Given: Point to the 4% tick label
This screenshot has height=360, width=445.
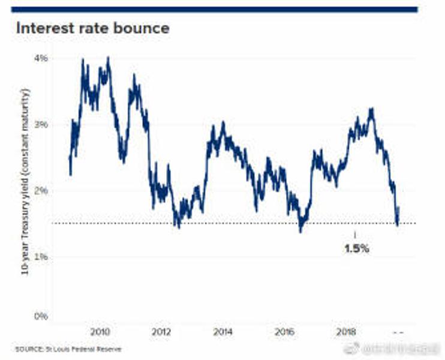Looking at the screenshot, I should [x=40, y=59].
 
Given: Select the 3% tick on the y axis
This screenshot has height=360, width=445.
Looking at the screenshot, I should [x=40, y=125].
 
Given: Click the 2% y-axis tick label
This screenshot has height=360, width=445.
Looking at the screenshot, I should [x=40, y=191].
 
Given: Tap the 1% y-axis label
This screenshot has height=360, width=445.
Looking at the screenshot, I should [x=40, y=257].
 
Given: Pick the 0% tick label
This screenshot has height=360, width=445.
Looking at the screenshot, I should [x=40, y=316].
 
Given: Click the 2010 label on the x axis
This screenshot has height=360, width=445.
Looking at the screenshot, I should [x=99, y=332].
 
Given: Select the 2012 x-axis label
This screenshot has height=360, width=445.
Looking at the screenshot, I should [x=161, y=332].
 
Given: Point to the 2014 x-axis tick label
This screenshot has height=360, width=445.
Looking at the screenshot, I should [x=223, y=332].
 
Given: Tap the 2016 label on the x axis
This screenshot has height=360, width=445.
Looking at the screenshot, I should [x=285, y=332].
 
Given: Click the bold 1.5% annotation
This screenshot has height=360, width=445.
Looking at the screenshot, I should [x=356, y=248].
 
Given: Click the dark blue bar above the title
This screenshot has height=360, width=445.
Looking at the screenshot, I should [x=214, y=9].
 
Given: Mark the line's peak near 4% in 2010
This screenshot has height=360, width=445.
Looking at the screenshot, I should [x=108, y=58].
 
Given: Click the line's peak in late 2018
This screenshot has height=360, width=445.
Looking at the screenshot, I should [x=372, y=109].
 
